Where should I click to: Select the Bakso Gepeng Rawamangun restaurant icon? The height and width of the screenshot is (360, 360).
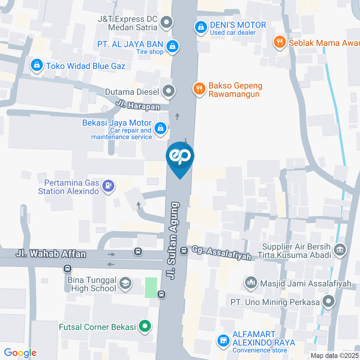click(199, 89)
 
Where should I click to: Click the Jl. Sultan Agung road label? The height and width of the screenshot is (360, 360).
click(174, 241)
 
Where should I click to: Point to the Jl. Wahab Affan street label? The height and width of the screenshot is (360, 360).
click(51, 254)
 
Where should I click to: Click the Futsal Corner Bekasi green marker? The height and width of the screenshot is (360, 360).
click(144, 326)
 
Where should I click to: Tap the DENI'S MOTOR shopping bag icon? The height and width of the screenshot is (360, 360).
click(201, 27)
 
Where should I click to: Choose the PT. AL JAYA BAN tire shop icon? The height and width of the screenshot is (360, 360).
click(172, 46)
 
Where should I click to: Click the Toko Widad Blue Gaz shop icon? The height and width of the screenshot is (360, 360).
click(37, 66)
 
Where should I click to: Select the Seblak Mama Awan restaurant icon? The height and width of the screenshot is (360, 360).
click(279, 42)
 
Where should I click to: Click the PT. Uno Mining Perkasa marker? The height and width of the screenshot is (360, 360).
click(329, 301)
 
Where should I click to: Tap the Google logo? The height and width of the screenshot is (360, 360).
click(20, 353)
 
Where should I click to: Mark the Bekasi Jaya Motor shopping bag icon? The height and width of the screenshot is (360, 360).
click(161, 128)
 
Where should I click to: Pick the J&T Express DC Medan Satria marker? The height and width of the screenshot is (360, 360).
click(166, 23)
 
